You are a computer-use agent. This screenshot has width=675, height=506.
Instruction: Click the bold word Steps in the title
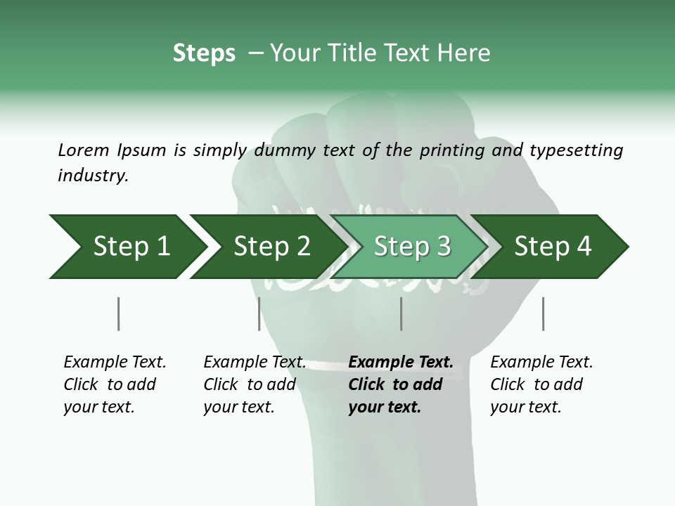coord(204,53)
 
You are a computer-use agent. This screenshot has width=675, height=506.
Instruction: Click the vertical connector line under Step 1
coord(118,313)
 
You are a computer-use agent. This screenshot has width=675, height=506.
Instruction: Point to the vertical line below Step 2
coord(259,313)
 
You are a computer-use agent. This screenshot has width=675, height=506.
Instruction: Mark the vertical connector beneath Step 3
coord(401,313)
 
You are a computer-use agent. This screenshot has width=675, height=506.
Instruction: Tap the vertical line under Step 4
coord(543,313)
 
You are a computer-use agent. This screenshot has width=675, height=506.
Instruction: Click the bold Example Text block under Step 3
coord(401,384)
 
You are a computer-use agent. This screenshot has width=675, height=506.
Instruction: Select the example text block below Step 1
coord(115,384)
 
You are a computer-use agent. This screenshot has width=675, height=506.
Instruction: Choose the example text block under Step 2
coord(255,384)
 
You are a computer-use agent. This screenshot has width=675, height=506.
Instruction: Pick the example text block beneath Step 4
coord(541,384)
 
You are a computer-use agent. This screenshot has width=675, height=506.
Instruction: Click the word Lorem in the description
coord(84,150)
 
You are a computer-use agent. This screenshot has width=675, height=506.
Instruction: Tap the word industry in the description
coord(93,176)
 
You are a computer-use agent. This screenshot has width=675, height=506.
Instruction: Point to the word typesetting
coord(576,150)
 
